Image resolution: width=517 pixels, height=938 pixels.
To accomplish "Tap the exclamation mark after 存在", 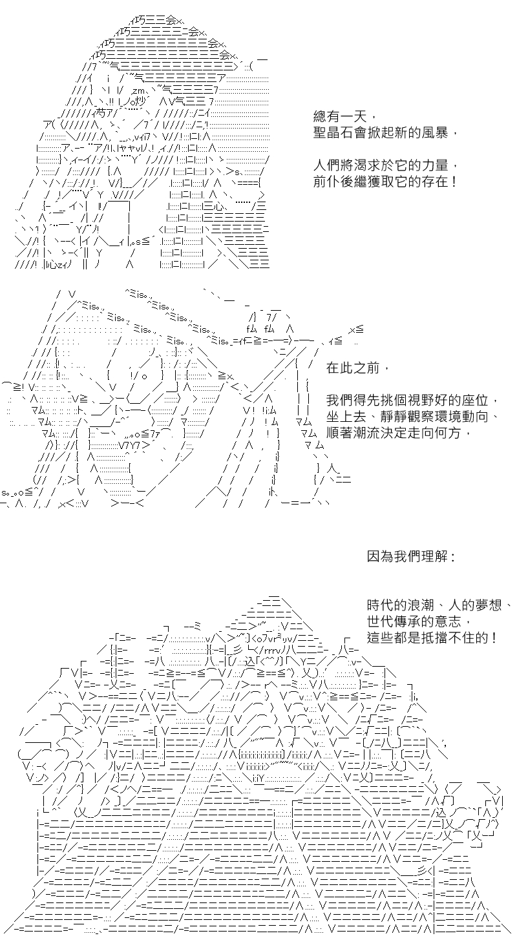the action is [x=454, y=182].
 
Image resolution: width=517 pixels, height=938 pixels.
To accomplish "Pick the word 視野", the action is [x=420, y=401].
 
